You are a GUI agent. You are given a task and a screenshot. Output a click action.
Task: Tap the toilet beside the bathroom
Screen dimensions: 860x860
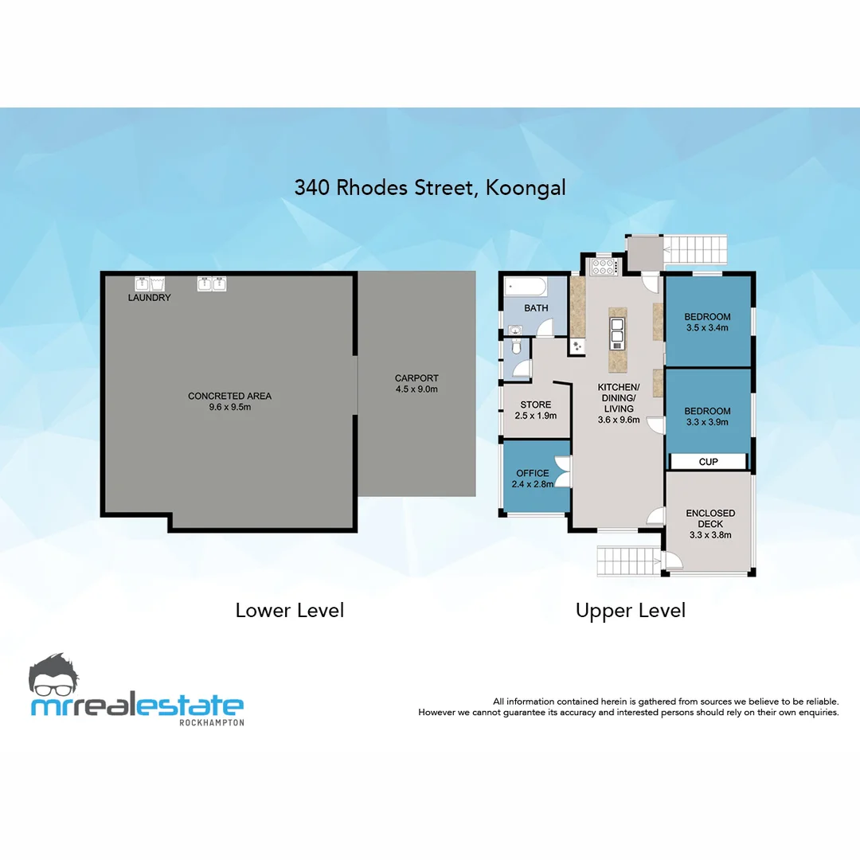517,346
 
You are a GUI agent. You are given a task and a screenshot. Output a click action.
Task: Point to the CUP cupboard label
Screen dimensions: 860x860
708,462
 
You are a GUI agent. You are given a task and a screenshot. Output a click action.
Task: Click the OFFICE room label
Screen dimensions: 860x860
533,473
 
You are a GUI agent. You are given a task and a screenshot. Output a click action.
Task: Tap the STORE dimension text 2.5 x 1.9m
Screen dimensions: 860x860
534,416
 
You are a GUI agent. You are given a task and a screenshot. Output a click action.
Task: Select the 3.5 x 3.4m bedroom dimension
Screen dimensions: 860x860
708,327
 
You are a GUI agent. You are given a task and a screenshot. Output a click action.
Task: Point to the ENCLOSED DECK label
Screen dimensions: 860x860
710,518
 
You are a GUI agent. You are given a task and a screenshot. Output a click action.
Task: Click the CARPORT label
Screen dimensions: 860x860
416,378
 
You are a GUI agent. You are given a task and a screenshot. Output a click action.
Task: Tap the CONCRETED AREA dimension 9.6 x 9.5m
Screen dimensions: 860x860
229,407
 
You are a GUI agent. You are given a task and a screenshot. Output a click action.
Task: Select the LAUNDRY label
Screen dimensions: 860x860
150,298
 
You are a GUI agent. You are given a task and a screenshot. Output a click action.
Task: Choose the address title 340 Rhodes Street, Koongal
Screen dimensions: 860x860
430,188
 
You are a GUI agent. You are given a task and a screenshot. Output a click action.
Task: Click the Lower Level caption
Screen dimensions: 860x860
290,611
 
